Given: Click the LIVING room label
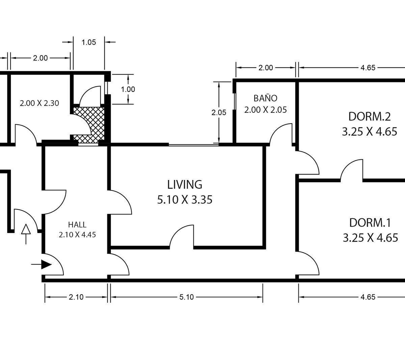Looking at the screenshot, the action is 185,184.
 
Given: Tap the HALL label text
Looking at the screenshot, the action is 77,225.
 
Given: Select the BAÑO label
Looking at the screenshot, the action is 265,98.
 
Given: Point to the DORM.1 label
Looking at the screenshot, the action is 370,223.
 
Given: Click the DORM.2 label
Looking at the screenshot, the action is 370,117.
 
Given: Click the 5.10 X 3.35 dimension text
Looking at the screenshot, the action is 185,200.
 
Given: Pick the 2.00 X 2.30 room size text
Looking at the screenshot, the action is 39,103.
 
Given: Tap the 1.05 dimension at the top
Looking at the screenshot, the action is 89,42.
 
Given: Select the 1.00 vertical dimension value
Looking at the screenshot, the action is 128,89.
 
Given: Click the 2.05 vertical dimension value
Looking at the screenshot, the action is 219,112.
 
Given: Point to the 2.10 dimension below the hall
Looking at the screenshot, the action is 76,297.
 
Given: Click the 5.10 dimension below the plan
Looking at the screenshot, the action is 187,297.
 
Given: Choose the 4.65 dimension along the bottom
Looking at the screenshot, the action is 368,297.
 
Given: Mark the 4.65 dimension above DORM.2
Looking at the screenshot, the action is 368,68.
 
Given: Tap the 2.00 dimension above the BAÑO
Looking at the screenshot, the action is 266,68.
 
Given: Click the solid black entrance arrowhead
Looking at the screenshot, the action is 46,264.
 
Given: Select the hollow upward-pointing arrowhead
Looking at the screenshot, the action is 26,229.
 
